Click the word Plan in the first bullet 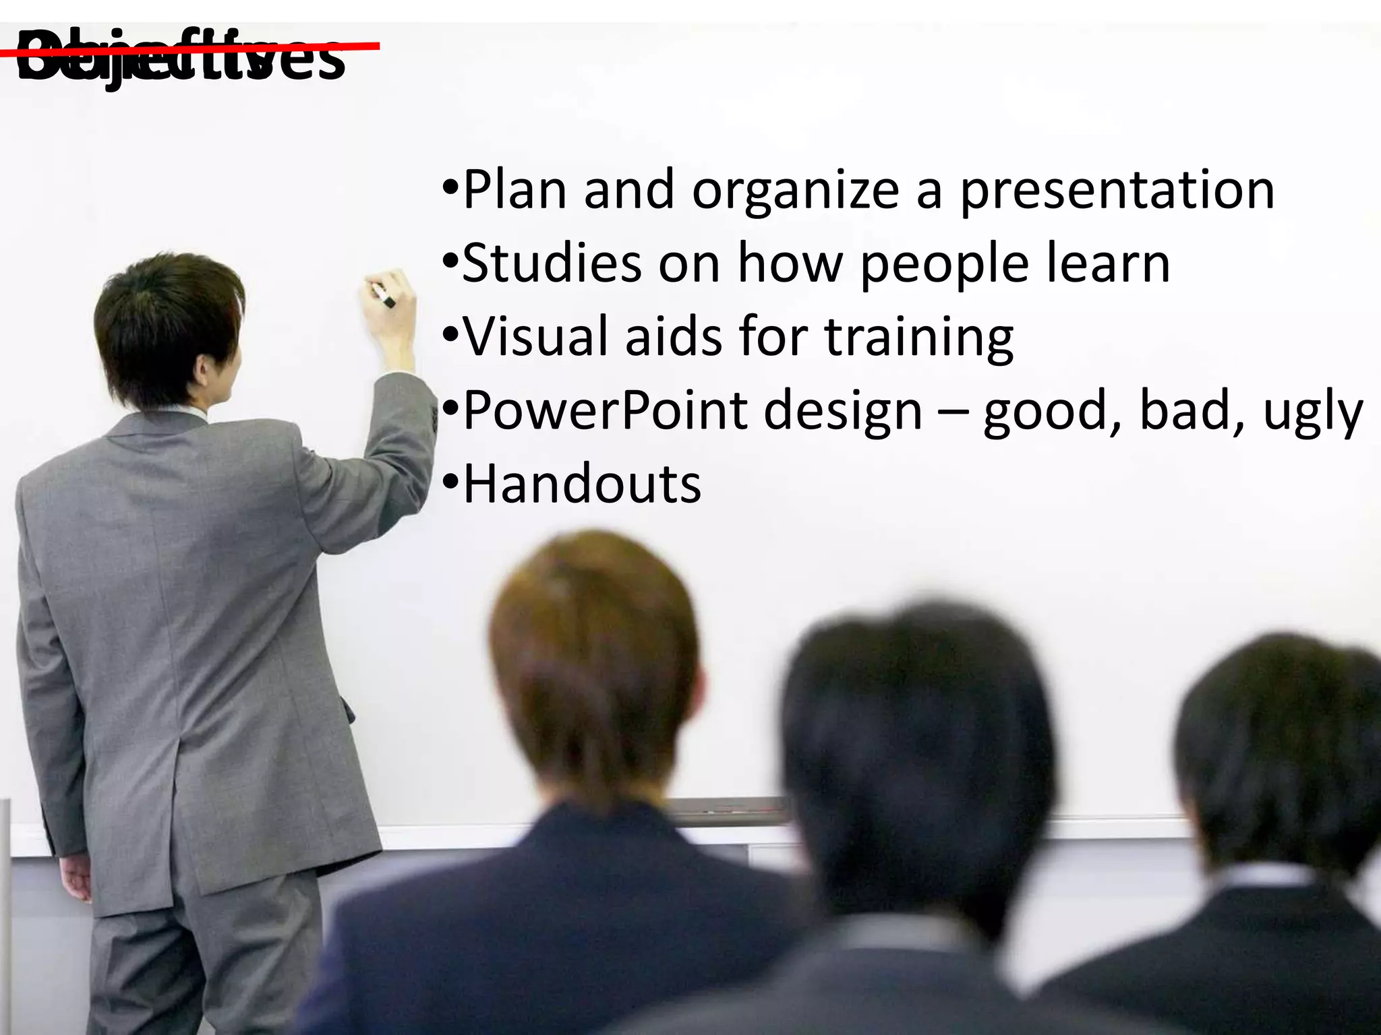(515, 190)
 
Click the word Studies (552, 263)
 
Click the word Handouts (582, 484)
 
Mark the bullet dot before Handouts (450, 482)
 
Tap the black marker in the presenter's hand (386, 299)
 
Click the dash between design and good (953, 412)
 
